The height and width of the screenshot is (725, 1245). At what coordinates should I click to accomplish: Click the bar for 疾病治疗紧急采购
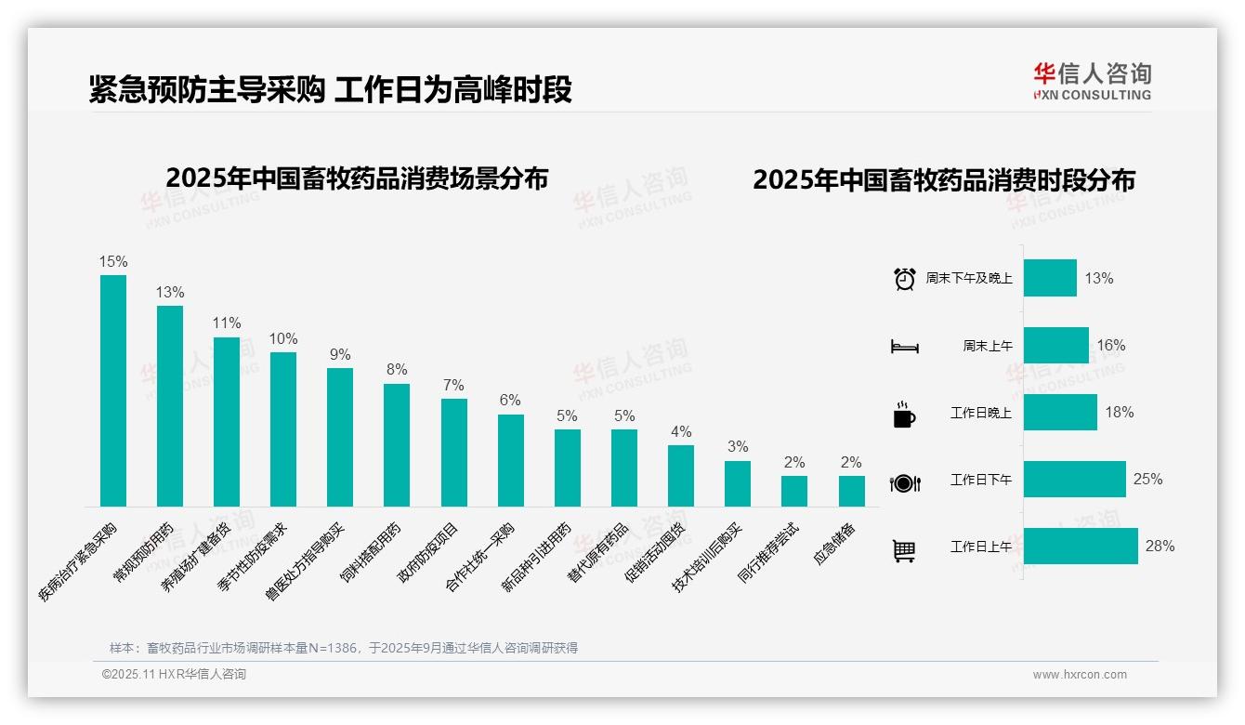tap(113, 390)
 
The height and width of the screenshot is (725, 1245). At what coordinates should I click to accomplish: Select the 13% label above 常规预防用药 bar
tap(170, 292)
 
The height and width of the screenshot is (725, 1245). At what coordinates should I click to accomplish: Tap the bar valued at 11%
tap(227, 421)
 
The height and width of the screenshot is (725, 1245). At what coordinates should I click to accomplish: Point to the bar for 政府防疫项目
tap(454, 452)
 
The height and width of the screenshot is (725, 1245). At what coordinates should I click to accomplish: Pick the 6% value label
tap(510, 400)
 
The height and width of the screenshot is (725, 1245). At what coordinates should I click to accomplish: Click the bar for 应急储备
tap(851, 491)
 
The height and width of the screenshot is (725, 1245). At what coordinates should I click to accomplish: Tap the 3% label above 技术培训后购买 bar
tap(738, 446)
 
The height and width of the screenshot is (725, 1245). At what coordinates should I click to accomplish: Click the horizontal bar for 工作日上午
tap(1081, 546)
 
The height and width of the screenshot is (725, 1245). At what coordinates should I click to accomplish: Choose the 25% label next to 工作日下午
tap(1147, 479)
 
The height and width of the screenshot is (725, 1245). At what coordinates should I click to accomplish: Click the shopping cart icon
tap(904, 551)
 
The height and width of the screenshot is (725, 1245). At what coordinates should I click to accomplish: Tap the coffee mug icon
tap(904, 415)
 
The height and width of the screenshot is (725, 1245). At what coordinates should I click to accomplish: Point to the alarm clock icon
tap(904, 278)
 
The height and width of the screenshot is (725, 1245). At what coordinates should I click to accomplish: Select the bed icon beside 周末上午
tap(904, 347)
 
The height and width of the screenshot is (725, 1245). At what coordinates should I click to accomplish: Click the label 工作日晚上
tap(980, 413)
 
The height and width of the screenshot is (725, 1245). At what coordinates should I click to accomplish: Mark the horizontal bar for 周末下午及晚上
tap(1050, 278)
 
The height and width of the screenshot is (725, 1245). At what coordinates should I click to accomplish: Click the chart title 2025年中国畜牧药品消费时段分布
tap(944, 180)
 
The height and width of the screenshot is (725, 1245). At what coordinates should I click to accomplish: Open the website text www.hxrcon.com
tap(1079, 675)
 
